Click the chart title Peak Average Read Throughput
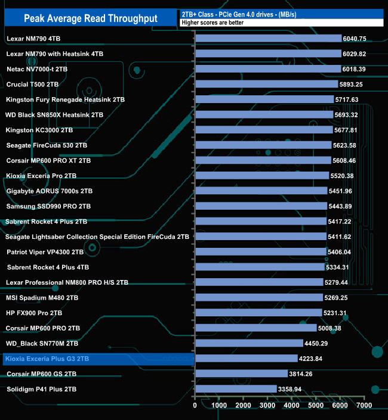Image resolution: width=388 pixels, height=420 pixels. click(x=91, y=18)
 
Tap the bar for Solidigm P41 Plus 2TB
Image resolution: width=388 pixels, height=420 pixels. click(x=236, y=389)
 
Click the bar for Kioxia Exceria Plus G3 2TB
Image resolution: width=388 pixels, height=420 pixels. click(x=246, y=359)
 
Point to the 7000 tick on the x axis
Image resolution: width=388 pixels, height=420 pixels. click(x=364, y=406)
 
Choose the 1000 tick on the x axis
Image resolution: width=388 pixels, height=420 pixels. click(x=219, y=406)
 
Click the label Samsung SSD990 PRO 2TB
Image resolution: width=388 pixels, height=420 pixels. click(x=48, y=206)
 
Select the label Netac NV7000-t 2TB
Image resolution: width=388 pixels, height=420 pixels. click(x=37, y=69)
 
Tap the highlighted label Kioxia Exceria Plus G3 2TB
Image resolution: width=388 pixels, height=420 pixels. click(x=47, y=359)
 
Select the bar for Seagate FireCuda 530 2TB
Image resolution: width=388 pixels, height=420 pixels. click(x=263, y=145)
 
